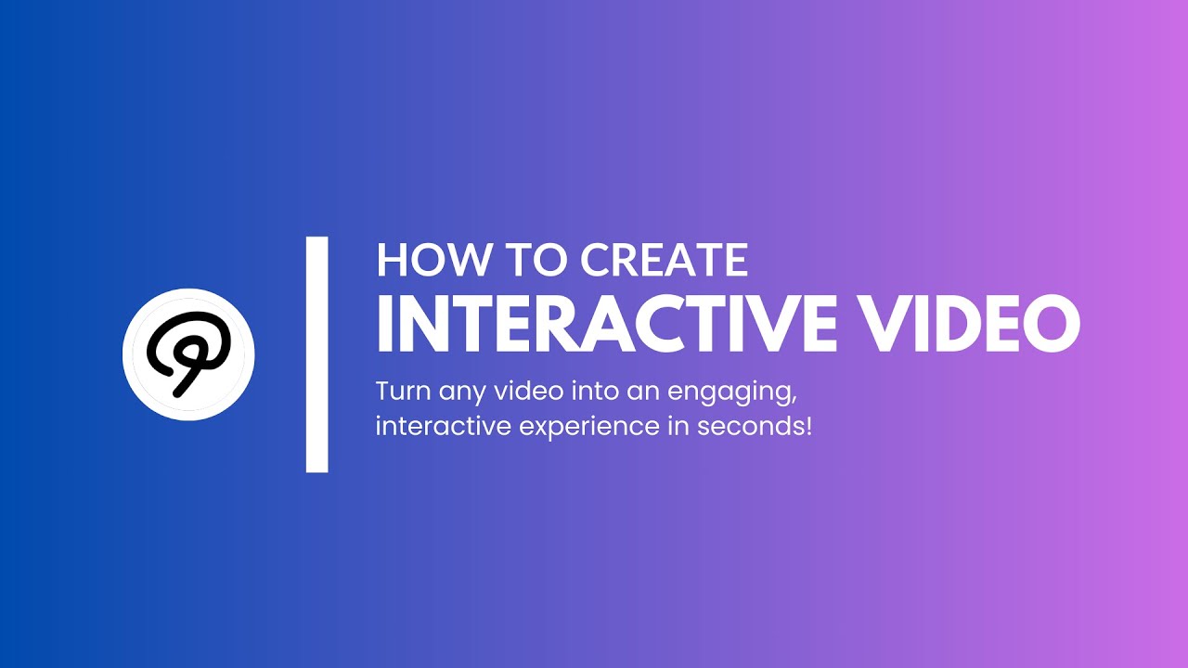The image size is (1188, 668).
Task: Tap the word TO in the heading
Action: (x=535, y=261)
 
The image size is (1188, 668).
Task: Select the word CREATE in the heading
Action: (x=665, y=261)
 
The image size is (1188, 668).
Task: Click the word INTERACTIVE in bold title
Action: (x=595, y=323)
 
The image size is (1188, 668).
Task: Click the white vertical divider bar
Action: (x=316, y=354)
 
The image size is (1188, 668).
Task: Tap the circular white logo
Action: (x=188, y=353)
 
